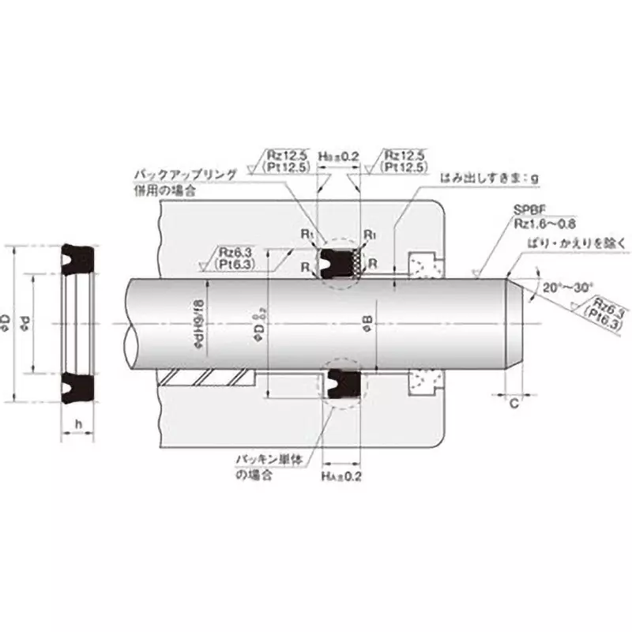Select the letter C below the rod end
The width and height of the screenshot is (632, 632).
(513, 405)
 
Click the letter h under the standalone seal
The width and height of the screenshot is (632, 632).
(77, 423)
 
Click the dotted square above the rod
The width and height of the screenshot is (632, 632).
(423, 264)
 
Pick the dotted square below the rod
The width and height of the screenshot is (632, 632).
(423, 384)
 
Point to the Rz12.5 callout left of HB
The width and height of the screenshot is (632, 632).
(285, 162)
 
